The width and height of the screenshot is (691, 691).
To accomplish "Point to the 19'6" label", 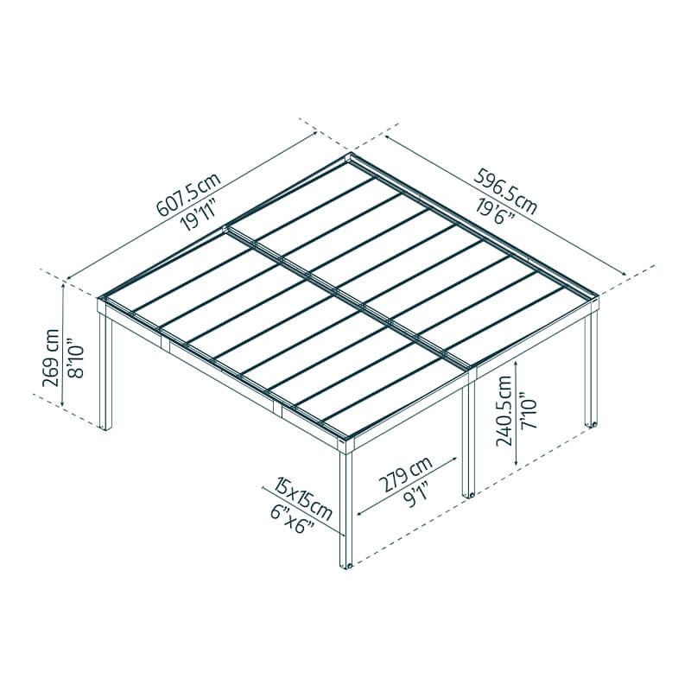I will click(495, 210).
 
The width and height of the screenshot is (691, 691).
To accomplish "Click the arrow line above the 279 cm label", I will click(406, 488).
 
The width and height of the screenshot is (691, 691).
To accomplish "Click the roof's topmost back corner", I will click(350, 157).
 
